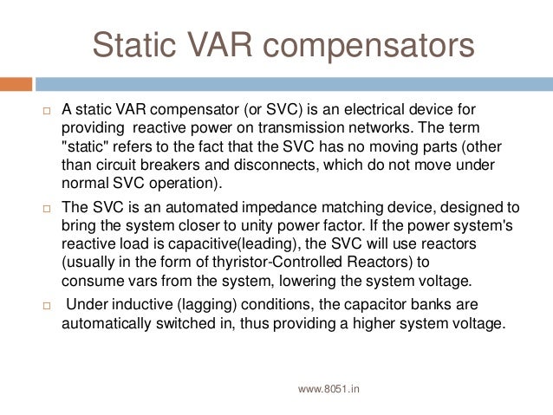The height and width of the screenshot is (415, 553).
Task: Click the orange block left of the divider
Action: pos(16,84)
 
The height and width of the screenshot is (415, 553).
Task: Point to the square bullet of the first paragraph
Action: pos(48,111)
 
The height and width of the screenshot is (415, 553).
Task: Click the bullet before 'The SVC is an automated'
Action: pos(48,209)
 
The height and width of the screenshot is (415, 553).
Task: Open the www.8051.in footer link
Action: pos(329,390)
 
